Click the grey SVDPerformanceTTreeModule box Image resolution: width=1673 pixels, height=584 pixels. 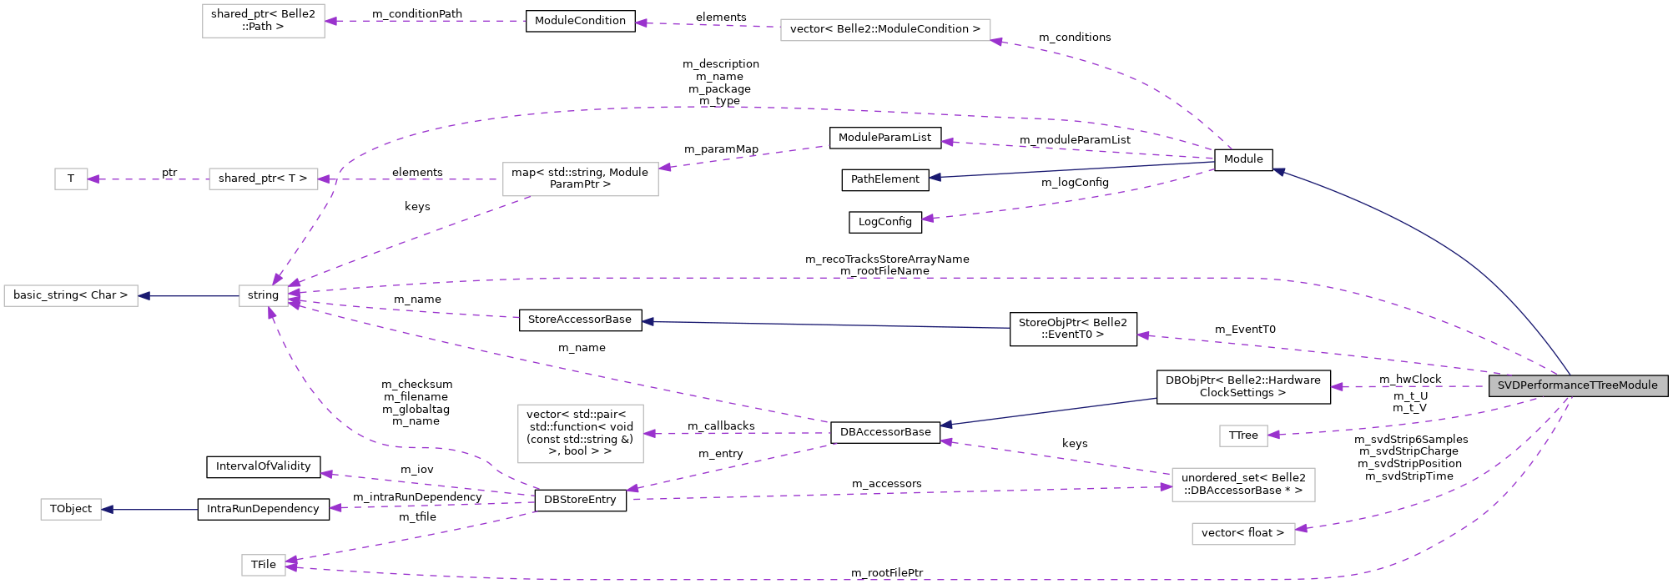coord(1577,385)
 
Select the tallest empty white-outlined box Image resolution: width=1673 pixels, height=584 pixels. coord(580,434)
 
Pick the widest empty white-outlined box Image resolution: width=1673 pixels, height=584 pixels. coord(884,30)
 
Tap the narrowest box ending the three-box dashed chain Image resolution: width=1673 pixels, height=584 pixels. coord(71,179)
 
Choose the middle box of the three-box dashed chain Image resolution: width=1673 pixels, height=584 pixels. coord(263,179)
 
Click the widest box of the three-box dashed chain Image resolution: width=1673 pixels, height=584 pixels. coord(580,179)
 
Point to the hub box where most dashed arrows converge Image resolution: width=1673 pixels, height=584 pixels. coord(263,295)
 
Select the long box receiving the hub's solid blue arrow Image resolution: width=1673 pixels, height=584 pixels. coord(71,295)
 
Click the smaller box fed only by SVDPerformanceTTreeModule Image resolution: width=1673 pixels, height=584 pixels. coord(1242,435)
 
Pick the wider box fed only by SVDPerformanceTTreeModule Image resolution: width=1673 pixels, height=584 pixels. coord(1242,534)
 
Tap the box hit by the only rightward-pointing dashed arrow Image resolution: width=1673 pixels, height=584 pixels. coord(1242,485)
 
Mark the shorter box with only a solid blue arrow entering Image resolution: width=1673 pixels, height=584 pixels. coord(71,509)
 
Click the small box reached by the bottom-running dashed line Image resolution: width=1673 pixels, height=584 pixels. coord(263,565)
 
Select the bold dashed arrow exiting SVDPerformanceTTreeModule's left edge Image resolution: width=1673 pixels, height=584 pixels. coord(1410,386)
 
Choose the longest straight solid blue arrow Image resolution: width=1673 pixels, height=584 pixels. coord(826,325)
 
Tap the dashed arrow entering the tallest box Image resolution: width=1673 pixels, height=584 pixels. coord(734,433)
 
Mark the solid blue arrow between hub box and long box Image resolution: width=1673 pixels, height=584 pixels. coord(189,295)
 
